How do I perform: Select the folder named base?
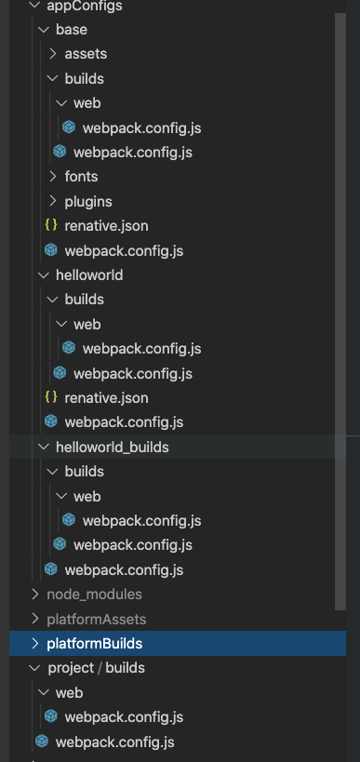71,30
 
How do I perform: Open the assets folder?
86,54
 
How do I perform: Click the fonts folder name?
81,176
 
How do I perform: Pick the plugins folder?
88,200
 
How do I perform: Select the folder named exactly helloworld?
89,274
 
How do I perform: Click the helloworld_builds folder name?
112,447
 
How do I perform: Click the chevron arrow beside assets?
53,54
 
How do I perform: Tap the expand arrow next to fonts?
53,176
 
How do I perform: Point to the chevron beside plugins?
53,200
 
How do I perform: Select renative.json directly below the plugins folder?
106,225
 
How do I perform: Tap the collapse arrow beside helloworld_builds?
44,447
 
